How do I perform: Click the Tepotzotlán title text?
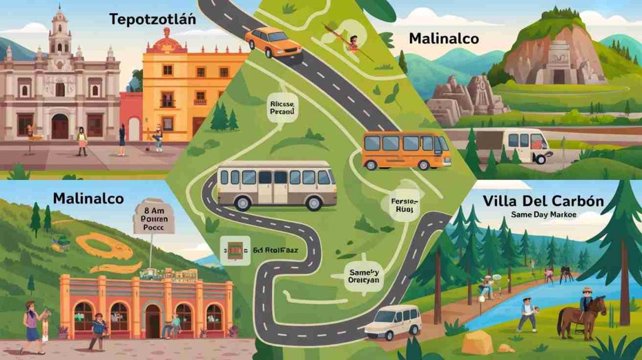152,19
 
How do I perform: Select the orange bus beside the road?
405,151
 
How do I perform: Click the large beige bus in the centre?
276,185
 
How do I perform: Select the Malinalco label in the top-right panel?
443,39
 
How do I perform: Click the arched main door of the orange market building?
153,320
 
